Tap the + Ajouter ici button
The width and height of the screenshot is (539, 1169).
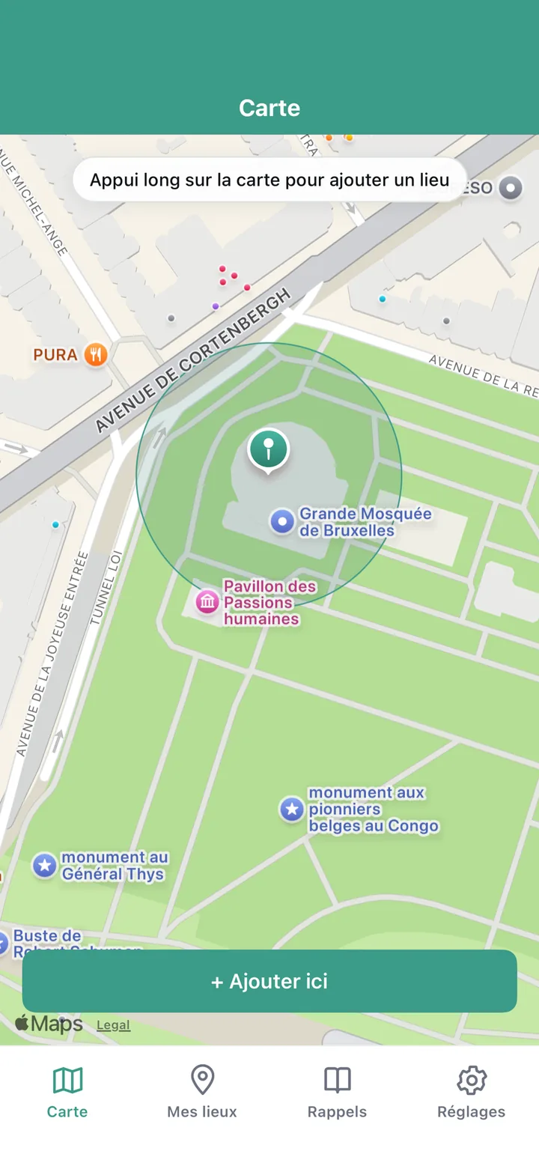(x=269, y=981)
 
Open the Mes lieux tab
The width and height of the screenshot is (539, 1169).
(x=202, y=1092)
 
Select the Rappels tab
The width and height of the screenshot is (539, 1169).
(x=337, y=1092)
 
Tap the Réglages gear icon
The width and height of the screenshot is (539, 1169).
(x=471, y=1081)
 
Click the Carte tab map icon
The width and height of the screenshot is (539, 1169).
(x=67, y=1081)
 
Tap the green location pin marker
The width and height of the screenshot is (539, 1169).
(x=269, y=450)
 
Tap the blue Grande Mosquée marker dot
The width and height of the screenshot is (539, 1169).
(x=282, y=521)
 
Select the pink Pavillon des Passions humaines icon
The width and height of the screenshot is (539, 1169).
(x=207, y=601)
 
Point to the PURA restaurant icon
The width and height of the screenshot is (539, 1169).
(x=95, y=354)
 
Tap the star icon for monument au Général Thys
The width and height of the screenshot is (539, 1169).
(x=45, y=866)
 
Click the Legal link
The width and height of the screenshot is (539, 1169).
(x=113, y=1025)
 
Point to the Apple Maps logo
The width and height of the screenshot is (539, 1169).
(x=49, y=1024)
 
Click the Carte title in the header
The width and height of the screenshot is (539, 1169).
(x=269, y=108)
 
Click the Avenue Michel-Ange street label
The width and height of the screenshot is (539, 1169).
(x=37, y=202)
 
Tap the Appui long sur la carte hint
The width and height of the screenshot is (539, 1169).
(x=269, y=180)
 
